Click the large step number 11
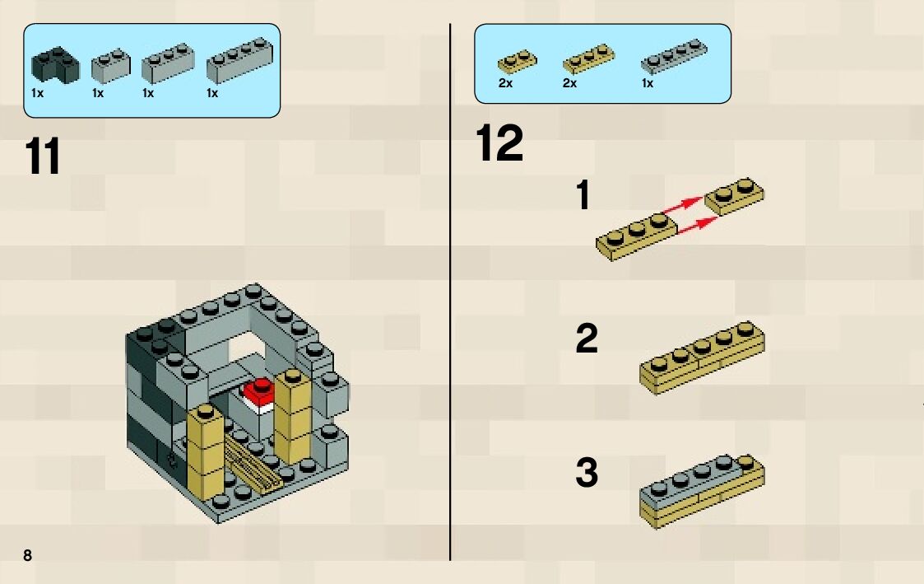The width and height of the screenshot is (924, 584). point(43,156)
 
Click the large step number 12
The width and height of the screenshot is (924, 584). point(499,142)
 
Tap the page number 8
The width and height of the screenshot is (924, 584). point(28,554)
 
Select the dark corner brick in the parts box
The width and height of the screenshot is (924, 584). point(55,65)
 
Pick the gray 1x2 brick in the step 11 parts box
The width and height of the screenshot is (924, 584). point(111,66)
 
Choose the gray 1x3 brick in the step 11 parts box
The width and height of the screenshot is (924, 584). point(168,63)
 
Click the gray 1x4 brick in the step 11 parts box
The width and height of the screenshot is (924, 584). point(239,61)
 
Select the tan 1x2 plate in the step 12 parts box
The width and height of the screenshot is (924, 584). point(517,61)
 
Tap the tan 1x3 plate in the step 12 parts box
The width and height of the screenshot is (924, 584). point(588,58)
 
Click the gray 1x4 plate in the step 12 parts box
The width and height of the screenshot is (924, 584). point(674,56)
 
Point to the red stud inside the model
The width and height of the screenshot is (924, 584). point(258,392)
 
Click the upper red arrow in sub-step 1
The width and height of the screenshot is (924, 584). point(683,205)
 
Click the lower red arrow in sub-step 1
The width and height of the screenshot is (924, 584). point(699,225)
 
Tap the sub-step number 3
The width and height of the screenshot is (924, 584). point(587,473)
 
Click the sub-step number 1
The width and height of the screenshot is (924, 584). point(583,195)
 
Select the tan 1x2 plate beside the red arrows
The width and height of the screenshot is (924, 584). point(735,196)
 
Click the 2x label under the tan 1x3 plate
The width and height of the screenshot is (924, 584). point(569,83)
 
